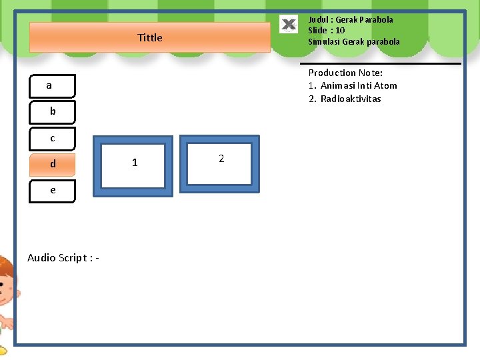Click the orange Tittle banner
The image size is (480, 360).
[150, 37]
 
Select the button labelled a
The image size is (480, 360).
[53, 86]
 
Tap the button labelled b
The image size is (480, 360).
[53, 112]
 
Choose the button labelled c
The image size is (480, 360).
[53, 139]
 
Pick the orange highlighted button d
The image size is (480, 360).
[53, 164]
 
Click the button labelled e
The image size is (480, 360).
[53, 190]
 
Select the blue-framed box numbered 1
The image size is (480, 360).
[133, 165]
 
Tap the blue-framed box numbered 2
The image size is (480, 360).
[219, 163]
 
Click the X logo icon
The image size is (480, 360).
[289, 25]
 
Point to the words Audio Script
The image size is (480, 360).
[59, 258]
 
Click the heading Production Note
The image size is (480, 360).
[345, 73]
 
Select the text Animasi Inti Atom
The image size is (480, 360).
[359, 85]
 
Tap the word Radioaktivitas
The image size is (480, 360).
[351, 99]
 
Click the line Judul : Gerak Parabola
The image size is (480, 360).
[351, 19]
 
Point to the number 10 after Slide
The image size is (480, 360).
[340, 30]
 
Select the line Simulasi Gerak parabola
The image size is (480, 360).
[354, 41]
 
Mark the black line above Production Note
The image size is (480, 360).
[385, 63]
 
